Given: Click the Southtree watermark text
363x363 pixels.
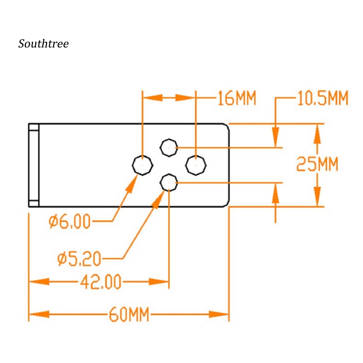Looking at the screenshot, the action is pyautogui.click(x=44, y=44).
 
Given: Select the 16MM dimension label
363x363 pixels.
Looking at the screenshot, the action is pyautogui.click(x=236, y=98).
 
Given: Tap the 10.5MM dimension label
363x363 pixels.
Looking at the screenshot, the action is pyautogui.click(x=323, y=98).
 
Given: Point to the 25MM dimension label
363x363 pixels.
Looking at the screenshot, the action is pyautogui.click(x=317, y=164).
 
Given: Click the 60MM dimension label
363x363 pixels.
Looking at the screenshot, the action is pyautogui.click(x=129, y=314).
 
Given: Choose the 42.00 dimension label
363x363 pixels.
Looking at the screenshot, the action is pyautogui.click(x=100, y=282).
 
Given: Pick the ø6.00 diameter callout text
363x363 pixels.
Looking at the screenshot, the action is pyautogui.click(x=69, y=221).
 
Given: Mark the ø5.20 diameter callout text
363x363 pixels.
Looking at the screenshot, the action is pyautogui.click(x=79, y=258).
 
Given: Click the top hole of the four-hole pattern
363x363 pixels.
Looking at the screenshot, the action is pyautogui.click(x=169, y=147).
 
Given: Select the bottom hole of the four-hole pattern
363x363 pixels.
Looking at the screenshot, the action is pyautogui.click(x=169, y=183).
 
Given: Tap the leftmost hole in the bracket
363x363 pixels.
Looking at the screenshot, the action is pyautogui.click(x=143, y=165).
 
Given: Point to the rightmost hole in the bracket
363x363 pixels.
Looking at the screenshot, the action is pyautogui.click(x=196, y=165).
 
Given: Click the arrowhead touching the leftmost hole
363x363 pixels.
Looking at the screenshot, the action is pyautogui.click(x=132, y=184).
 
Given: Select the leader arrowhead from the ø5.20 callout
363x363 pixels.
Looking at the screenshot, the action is pyautogui.click(x=158, y=199).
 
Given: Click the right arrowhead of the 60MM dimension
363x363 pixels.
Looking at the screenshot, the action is pyautogui.click(x=219, y=314).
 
